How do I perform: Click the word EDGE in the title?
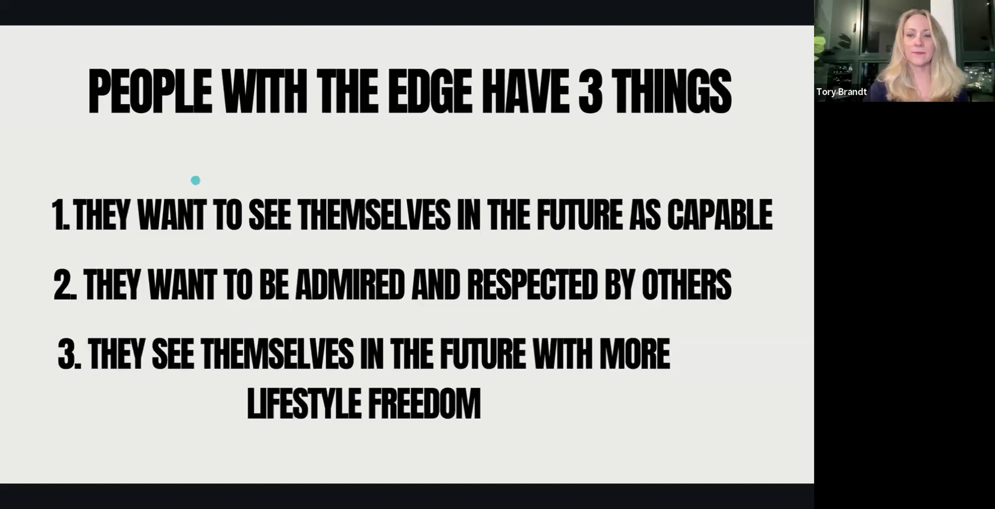[x=430, y=92]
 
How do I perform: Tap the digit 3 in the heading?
[x=590, y=92]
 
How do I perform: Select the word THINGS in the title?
[x=671, y=92]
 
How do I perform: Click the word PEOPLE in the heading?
[x=150, y=92]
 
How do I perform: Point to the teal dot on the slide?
[x=195, y=180]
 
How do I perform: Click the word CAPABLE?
[x=720, y=214]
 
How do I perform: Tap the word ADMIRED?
[x=349, y=285]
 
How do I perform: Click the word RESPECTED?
[x=532, y=285]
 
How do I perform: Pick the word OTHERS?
[x=686, y=285]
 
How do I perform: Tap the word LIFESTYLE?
[x=303, y=403]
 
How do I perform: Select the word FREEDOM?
[x=424, y=403]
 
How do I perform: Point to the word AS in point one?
[x=645, y=214]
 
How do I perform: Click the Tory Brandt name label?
[x=841, y=92]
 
